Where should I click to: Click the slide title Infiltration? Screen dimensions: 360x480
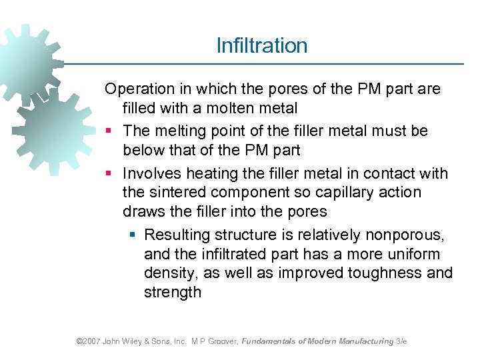pos(262,45)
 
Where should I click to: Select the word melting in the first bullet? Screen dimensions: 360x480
pos(185,131)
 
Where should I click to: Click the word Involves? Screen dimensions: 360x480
pos(152,173)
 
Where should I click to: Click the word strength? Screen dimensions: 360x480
pos(173,292)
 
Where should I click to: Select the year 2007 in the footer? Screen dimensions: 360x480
pos(91,341)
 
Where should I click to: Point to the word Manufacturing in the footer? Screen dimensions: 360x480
pos(366,341)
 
